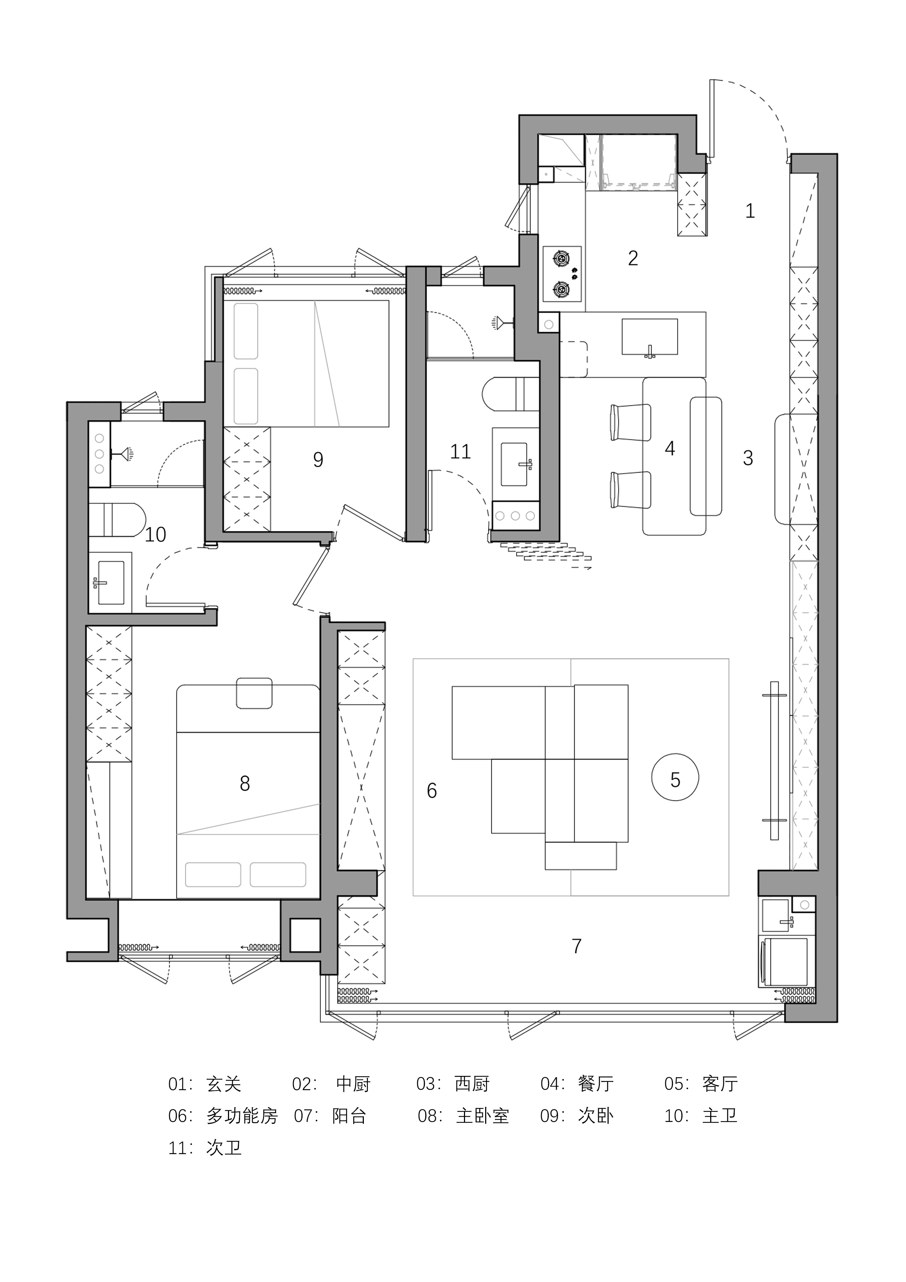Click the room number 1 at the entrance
750,211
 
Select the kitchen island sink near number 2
650,337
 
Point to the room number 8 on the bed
244,784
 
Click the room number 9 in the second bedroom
317,459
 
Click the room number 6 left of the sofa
431,790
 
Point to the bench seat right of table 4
705,456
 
